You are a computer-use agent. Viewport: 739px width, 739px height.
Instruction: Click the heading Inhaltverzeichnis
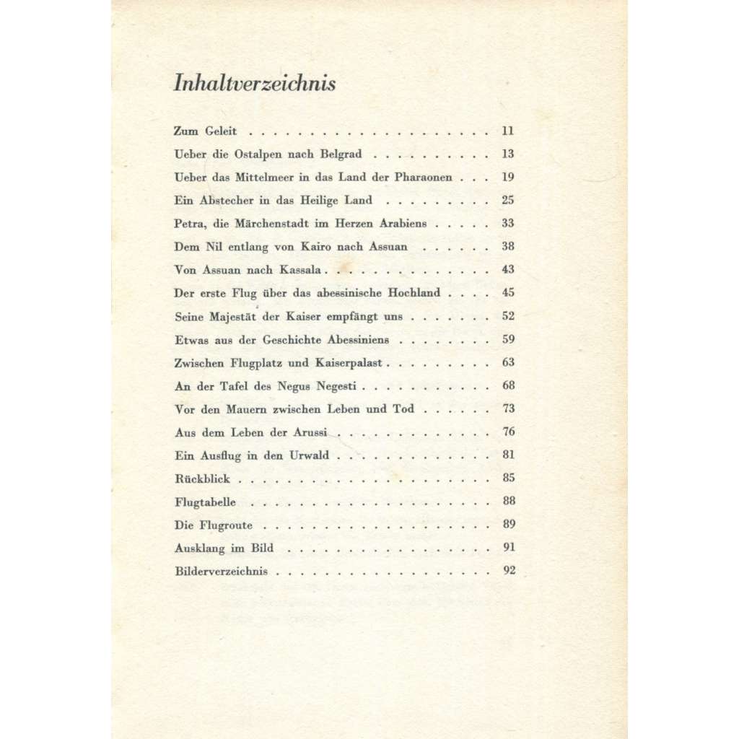(255, 84)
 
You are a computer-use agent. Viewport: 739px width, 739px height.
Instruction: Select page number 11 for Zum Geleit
(508, 131)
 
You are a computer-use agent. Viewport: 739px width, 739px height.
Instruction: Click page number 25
(508, 201)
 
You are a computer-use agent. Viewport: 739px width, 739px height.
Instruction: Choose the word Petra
(189, 224)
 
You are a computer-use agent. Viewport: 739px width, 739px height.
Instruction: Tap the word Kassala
(307, 270)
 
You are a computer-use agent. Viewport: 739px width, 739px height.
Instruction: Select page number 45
(508, 293)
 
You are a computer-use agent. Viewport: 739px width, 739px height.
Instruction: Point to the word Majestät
(230, 316)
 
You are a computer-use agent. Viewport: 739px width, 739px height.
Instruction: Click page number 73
(508, 408)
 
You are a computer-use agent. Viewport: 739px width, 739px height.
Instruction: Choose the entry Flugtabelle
(205, 501)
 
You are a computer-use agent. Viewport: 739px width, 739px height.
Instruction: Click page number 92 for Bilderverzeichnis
(509, 570)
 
